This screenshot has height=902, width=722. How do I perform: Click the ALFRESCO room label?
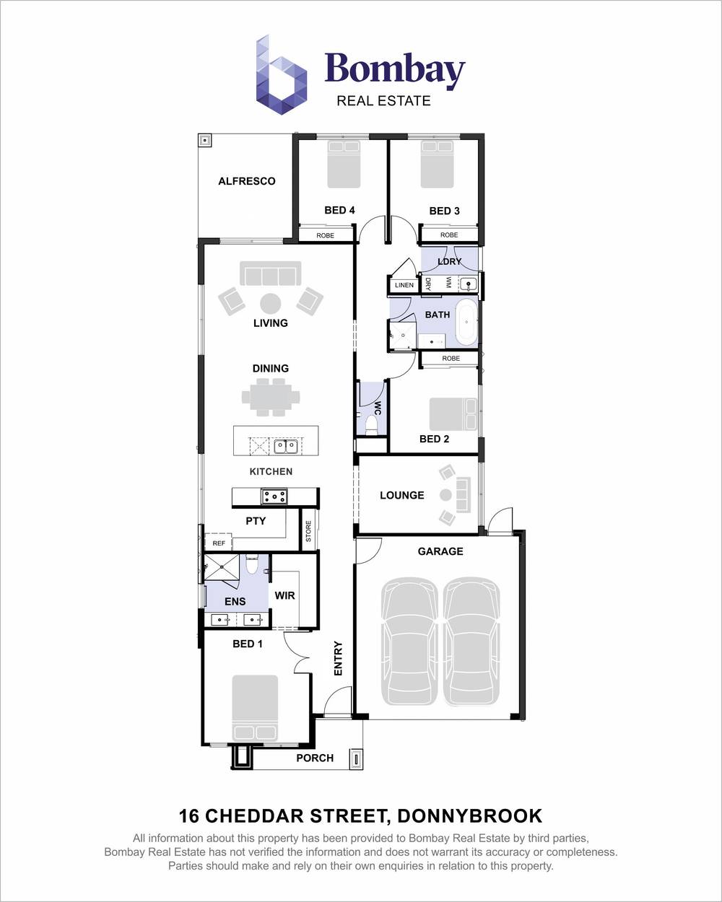click(x=247, y=181)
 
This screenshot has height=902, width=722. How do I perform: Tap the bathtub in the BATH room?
click(x=466, y=323)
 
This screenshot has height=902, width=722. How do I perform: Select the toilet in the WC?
click(x=372, y=425)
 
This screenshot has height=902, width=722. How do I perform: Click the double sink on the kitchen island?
click(x=286, y=447)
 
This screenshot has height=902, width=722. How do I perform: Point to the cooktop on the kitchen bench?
click(x=274, y=496)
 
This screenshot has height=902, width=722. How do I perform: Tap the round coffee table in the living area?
click(x=270, y=303)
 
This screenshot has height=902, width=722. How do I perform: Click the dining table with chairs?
click(x=271, y=397)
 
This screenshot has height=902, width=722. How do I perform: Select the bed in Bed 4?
click(x=344, y=164)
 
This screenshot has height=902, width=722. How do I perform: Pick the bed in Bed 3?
click(x=437, y=164)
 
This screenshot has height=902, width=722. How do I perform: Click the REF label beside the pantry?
click(x=219, y=543)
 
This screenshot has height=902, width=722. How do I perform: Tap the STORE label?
click(x=308, y=531)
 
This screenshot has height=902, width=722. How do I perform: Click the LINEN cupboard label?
click(x=404, y=285)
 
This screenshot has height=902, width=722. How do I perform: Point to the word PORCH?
click(x=315, y=758)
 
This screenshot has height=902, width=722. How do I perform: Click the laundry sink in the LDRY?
click(x=468, y=284)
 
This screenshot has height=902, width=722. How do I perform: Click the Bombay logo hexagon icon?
click(x=281, y=74)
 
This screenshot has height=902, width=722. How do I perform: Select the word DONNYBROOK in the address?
click(x=469, y=816)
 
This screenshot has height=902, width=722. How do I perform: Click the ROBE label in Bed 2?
click(x=451, y=359)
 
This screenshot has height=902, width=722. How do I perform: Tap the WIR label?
click(x=284, y=595)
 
